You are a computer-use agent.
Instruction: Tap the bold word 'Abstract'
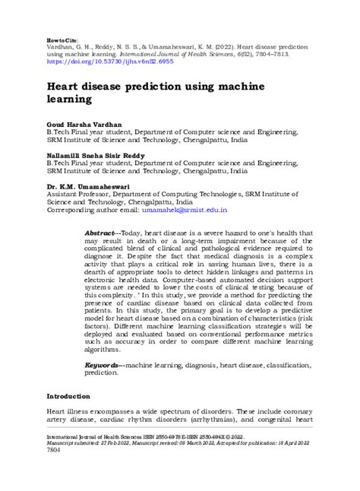pos(101,232)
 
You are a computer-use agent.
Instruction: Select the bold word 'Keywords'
pos(103,366)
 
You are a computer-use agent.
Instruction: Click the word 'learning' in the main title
pos(75,99)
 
